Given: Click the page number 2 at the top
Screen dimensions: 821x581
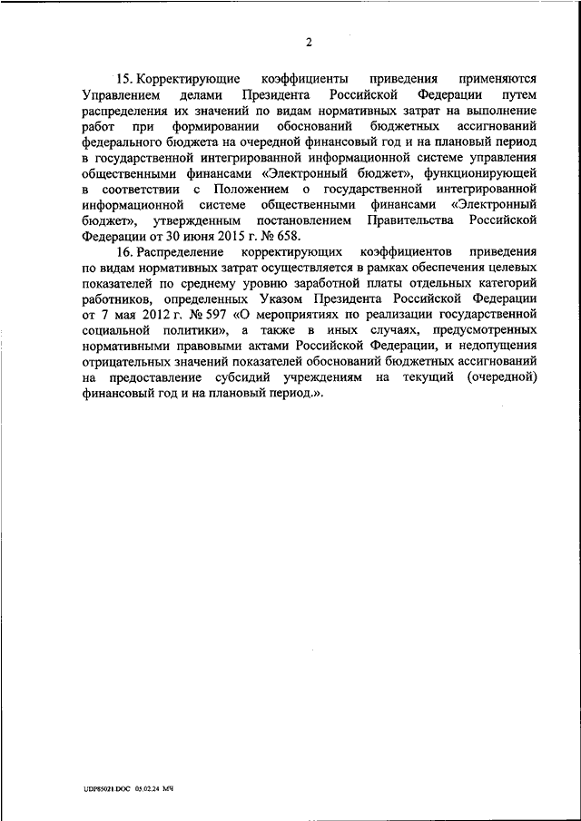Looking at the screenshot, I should point(310,42).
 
